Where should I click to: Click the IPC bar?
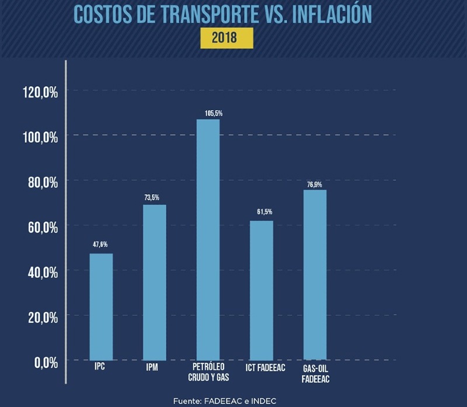101,306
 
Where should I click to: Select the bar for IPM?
155,282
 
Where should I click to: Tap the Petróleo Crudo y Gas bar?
208,239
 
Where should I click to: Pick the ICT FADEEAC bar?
261,290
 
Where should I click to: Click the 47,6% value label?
100,244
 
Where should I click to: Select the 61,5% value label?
264,212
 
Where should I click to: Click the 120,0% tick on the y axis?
40,92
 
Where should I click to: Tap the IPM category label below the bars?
153,368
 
